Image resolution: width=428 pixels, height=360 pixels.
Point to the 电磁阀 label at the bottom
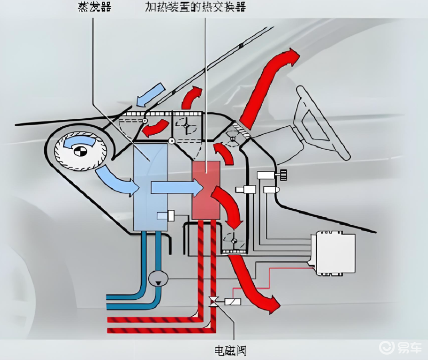pos(230,350)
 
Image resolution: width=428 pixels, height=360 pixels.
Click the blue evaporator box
pos(150,189)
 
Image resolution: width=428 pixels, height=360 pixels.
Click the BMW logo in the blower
pos(80,151)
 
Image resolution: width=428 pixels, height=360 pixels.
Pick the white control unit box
pos(335,252)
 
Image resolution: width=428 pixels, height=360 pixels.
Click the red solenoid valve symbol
pos(213,302)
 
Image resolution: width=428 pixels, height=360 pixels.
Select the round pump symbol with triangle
pos(158,277)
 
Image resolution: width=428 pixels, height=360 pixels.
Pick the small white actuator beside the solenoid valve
pos(233,302)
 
